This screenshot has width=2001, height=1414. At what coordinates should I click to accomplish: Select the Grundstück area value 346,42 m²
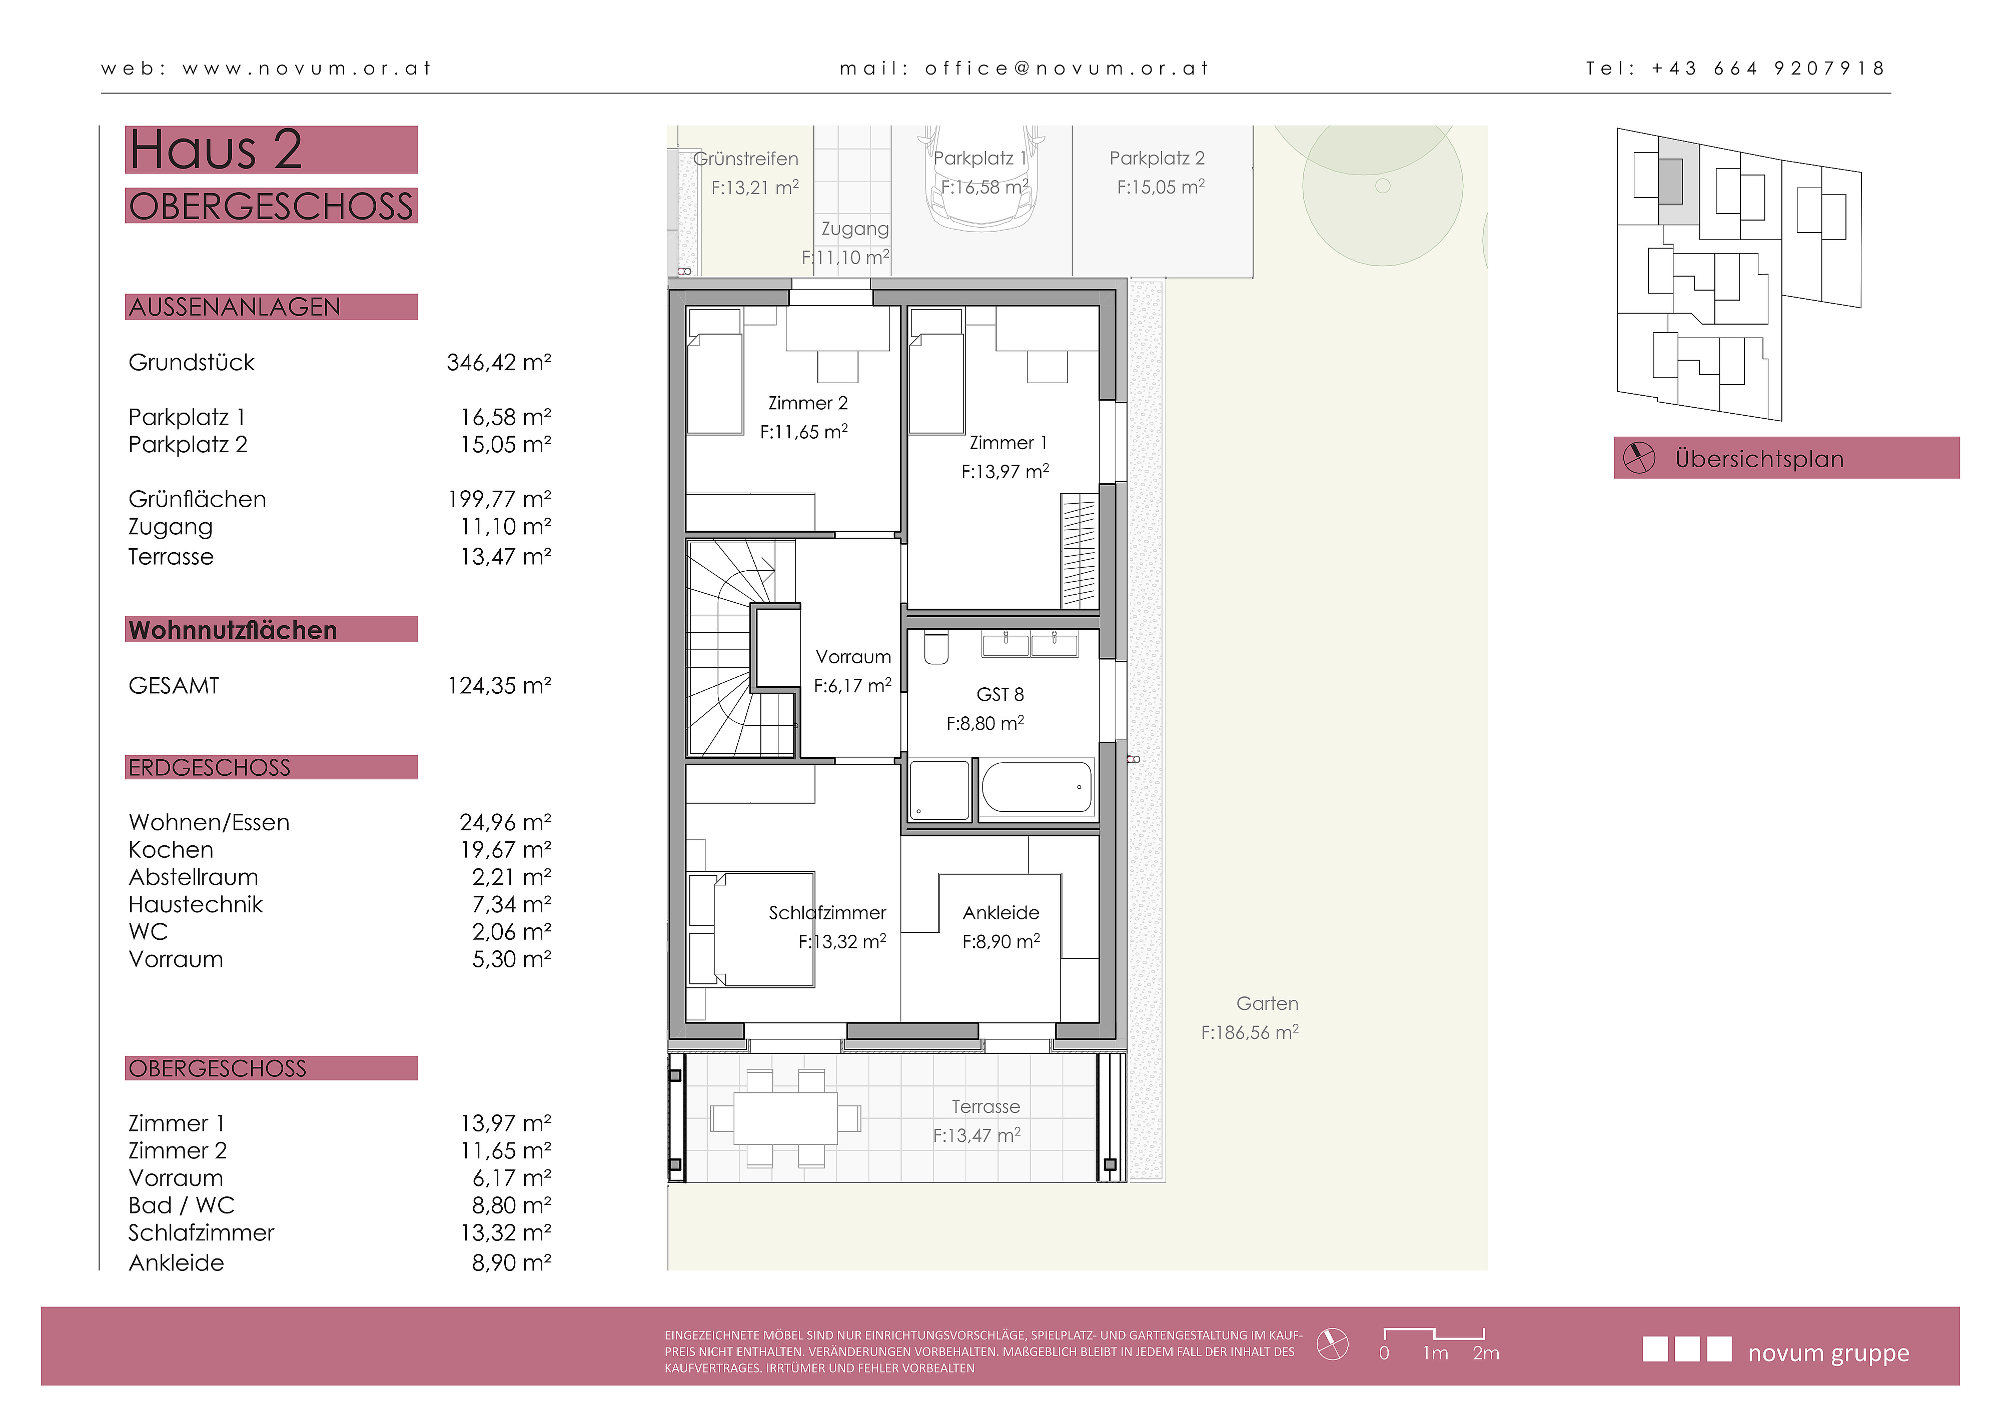click(x=499, y=363)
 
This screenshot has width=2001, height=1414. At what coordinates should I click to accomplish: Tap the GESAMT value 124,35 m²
click(x=499, y=686)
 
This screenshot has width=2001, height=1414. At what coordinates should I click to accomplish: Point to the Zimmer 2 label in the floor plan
click(x=807, y=403)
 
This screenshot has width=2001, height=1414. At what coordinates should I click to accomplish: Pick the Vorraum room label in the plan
click(x=853, y=657)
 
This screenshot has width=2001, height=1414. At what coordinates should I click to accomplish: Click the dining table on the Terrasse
click(x=785, y=1118)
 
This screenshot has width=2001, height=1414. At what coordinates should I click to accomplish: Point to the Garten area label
click(x=1267, y=1004)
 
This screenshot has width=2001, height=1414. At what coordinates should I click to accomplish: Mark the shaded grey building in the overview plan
click(x=1670, y=181)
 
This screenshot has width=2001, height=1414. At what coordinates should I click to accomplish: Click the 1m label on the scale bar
click(x=1435, y=1353)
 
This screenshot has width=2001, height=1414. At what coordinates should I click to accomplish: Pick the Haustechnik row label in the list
click(x=195, y=904)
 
